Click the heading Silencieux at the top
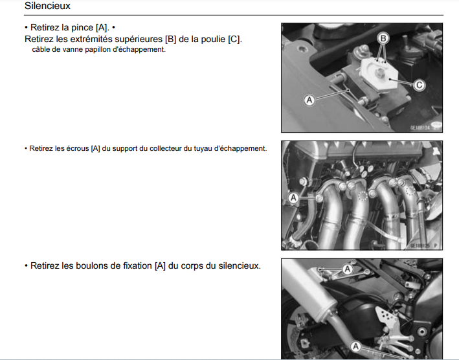coord(47,6)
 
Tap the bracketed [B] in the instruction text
coord(170,39)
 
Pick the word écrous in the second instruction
coord(77,148)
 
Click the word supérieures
coord(139,39)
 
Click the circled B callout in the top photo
coord(383,38)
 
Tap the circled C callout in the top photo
coord(420,85)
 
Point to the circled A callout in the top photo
coord(309,100)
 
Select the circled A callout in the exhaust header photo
coord(293,198)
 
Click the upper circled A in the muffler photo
coord(348,269)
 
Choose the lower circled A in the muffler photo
coord(355,347)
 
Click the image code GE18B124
coord(420,128)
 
